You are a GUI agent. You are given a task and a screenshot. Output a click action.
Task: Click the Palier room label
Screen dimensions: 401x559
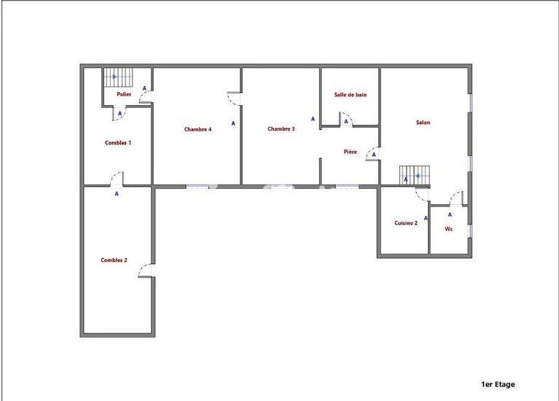click(x=114, y=95)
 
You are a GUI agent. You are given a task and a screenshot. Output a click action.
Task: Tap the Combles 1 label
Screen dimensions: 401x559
click(x=117, y=143)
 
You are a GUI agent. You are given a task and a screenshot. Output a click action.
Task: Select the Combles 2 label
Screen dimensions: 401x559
click(x=114, y=260)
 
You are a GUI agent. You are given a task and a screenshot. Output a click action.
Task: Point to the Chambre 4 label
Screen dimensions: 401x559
click(x=198, y=130)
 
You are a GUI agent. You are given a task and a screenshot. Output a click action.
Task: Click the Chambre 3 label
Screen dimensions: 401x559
click(x=281, y=129)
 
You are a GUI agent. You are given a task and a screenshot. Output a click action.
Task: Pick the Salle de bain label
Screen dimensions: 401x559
click(x=350, y=95)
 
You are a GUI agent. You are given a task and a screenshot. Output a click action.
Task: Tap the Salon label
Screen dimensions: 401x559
click(x=423, y=122)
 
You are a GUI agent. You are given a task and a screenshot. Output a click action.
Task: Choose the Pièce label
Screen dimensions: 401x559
click(x=350, y=152)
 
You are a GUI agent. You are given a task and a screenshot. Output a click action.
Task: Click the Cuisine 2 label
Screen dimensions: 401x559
click(x=405, y=223)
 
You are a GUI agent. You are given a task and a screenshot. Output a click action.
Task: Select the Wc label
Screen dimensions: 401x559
click(x=448, y=229)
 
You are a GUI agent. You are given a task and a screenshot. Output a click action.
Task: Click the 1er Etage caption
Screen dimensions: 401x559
click(x=498, y=384)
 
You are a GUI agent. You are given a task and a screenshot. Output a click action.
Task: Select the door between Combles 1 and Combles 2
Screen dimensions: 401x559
click(x=115, y=179)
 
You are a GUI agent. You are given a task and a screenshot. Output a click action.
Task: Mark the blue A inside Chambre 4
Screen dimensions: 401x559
click(x=233, y=123)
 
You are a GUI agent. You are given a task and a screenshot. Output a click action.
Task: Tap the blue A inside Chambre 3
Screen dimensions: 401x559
click(x=313, y=119)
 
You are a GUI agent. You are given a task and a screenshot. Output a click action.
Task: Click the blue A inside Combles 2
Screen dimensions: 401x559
click(x=116, y=194)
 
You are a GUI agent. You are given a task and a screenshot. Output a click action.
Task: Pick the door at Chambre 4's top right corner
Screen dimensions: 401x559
click(x=234, y=99)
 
